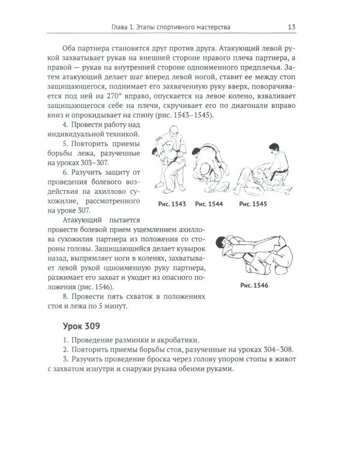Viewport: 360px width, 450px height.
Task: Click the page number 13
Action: pyautogui.click(x=290, y=26)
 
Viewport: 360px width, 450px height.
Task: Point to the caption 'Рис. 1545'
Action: pyautogui.click(x=253, y=204)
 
